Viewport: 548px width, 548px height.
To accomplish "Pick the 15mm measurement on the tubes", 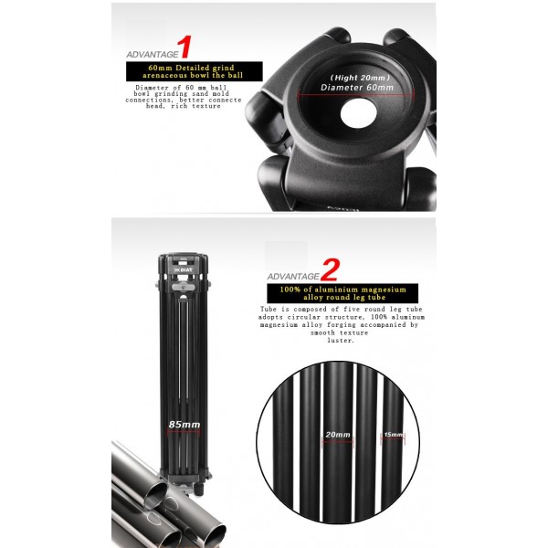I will point(393,435).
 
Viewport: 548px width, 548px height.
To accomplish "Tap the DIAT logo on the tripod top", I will point(183,270).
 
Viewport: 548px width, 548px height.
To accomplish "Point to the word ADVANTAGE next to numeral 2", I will point(291,275).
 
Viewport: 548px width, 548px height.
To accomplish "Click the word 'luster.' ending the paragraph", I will point(340,340).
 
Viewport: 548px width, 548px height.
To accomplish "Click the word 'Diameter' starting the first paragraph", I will point(139,88).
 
